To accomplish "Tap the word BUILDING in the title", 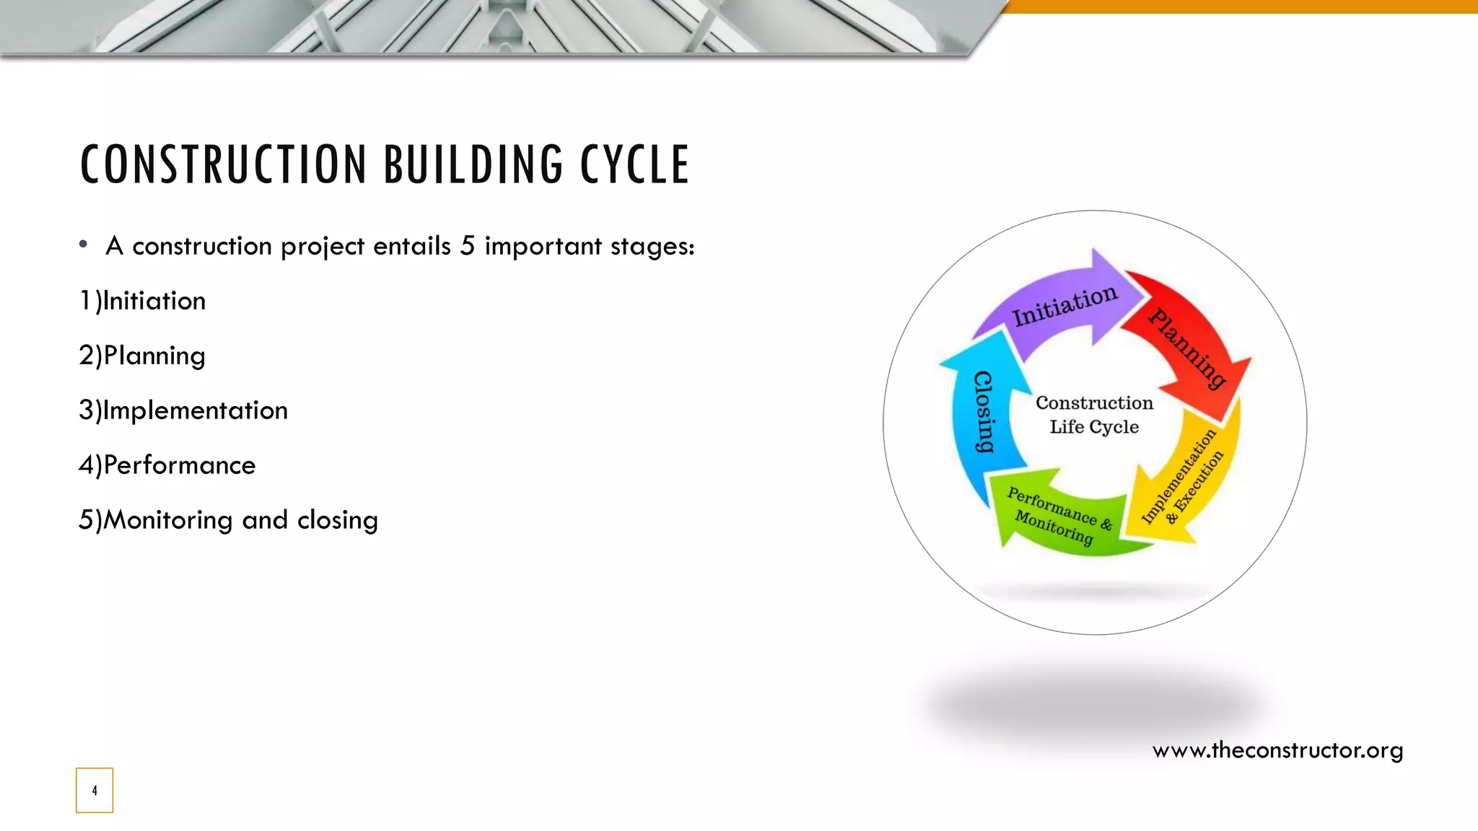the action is click(x=473, y=164).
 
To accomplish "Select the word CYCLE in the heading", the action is click(x=635, y=164).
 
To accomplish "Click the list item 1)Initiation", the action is click(x=142, y=301).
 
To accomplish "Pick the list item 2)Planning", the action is click(x=142, y=356).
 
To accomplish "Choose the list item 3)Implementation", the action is click(x=183, y=410).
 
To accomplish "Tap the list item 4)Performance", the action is click(x=167, y=465).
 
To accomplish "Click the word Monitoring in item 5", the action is click(x=167, y=520).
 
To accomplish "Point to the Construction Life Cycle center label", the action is click(x=1095, y=415).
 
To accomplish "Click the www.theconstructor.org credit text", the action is click(x=1277, y=750).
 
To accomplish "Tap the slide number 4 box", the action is click(x=95, y=791).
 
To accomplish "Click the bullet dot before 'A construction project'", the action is click(x=84, y=245).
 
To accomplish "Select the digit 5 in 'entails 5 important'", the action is click(x=468, y=246).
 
